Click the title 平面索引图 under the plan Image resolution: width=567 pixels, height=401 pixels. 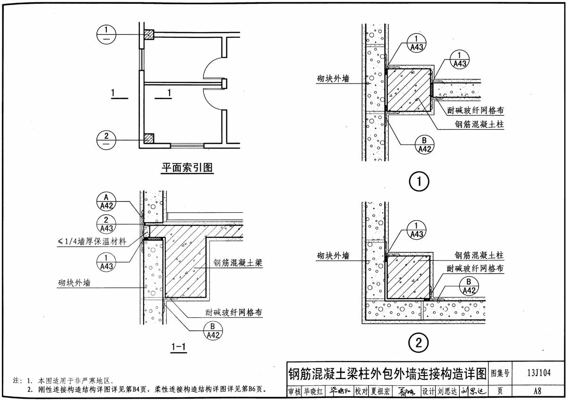click(187, 168)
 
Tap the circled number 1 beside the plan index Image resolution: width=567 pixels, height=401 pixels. click(106, 33)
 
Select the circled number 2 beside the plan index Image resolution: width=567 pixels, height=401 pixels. click(106, 140)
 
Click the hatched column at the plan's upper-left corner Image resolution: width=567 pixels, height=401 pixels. click(149, 34)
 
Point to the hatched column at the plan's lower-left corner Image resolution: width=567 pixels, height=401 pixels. click(149, 138)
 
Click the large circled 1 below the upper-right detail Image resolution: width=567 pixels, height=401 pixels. click(419, 181)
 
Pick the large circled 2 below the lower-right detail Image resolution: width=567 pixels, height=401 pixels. click(419, 343)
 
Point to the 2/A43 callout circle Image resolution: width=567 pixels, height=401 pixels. click(106, 224)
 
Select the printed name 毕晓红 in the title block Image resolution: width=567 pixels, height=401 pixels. click(314, 391)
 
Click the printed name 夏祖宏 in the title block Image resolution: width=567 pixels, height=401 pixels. click(380, 391)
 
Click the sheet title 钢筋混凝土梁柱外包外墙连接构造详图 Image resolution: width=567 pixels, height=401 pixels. click(387, 375)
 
